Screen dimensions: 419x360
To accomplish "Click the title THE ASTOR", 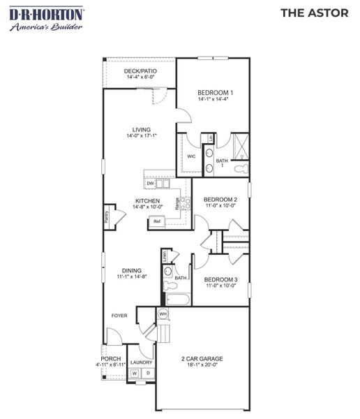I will coord(314,13).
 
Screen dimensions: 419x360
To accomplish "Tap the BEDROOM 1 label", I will coord(215,92).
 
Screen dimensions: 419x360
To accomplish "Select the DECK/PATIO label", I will coord(140,71).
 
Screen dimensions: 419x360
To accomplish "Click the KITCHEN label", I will coord(147,201).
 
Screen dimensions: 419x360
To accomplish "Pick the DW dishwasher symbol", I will coord(150,184).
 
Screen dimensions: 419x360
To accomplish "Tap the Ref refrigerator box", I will coord(157,221).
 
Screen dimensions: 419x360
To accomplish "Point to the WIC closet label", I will coord(190,156).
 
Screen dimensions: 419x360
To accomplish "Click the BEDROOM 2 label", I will coord(220,200).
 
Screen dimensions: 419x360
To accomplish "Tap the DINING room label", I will coord(131,270).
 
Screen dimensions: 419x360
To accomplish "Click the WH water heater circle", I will coord(163,314).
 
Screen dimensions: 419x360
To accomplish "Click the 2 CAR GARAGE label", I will coord(202,359).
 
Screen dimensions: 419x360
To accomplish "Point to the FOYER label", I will coord(119,316).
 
